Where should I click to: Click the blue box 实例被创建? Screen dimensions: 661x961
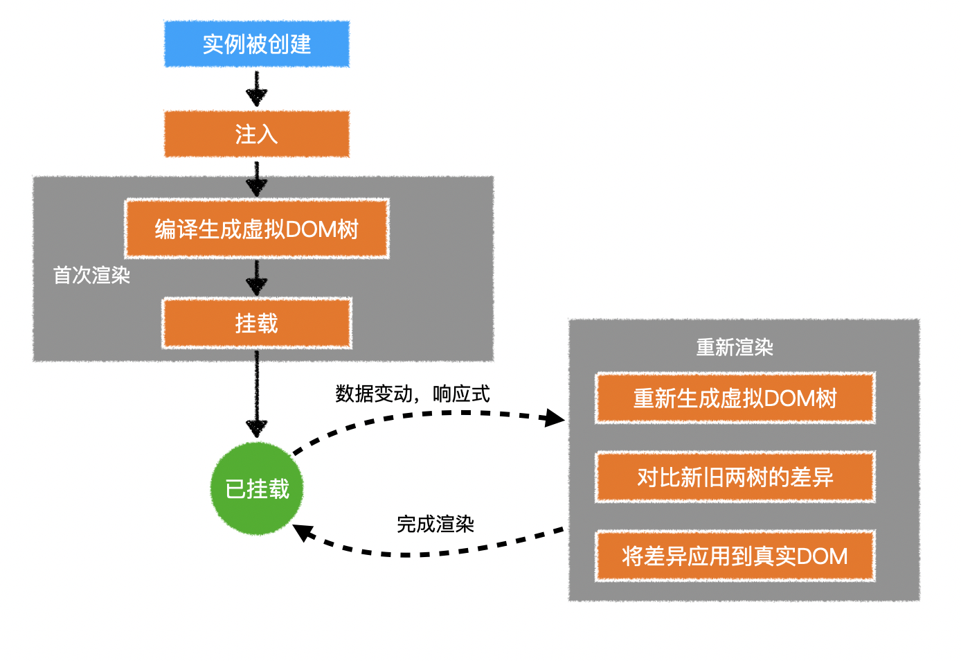(x=257, y=44)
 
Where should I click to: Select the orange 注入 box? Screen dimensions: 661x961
(x=257, y=134)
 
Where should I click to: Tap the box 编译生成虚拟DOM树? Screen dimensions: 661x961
(x=257, y=229)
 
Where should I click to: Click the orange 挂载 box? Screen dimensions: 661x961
(x=257, y=324)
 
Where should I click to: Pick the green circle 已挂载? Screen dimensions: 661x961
(x=257, y=489)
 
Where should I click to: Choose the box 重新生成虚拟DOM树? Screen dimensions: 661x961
(x=735, y=398)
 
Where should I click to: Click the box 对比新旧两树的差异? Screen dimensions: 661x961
(x=735, y=477)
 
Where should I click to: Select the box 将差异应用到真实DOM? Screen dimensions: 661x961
(x=735, y=556)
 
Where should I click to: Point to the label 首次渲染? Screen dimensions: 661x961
(x=91, y=276)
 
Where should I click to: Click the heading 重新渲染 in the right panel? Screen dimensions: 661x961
(x=735, y=347)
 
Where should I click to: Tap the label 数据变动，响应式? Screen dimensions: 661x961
(x=413, y=394)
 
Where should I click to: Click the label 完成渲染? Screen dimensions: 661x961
(x=435, y=525)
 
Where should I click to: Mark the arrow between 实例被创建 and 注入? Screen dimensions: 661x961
(x=257, y=89)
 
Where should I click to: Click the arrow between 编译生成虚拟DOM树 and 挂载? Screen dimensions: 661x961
(x=257, y=278)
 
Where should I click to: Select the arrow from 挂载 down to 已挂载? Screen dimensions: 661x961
(x=257, y=395)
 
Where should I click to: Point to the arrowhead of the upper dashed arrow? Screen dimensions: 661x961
(x=555, y=418)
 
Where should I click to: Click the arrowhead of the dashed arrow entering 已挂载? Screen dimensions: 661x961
(x=303, y=533)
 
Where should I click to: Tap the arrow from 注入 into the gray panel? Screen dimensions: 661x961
(x=257, y=179)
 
